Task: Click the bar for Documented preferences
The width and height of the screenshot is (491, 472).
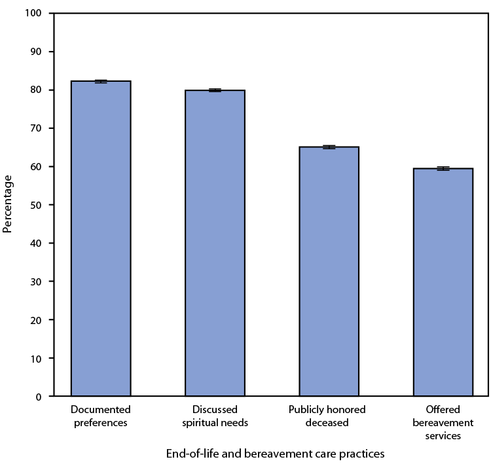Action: click(x=101, y=238)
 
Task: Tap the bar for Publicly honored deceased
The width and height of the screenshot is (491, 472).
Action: click(x=329, y=272)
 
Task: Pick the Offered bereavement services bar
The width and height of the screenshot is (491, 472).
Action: click(x=443, y=282)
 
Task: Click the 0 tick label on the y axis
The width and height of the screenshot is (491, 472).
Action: click(x=39, y=397)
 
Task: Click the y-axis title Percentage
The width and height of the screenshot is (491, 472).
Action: click(x=8, y=204)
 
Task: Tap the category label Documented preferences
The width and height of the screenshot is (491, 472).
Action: click(x=101, y=416)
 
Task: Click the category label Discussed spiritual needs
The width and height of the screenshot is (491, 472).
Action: click(x=215, y=416)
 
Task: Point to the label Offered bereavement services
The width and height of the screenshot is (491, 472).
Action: click(x=443, y=422)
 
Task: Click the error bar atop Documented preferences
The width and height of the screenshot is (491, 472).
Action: click(x=101, y=81)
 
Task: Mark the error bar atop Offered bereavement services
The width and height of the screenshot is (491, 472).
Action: click(x=443, y=168)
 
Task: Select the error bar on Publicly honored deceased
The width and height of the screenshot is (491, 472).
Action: click(x=329, y=147)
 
